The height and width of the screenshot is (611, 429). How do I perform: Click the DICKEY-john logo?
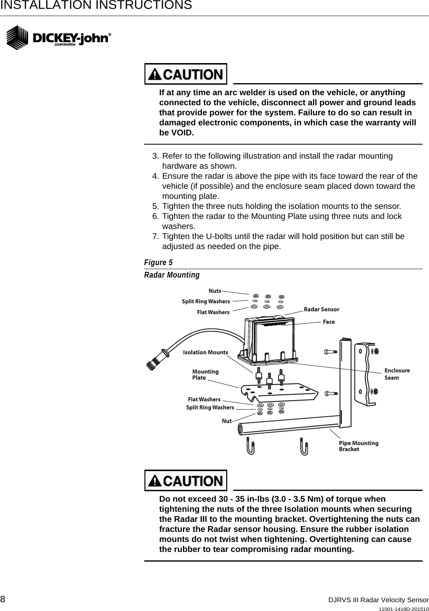point(59,38)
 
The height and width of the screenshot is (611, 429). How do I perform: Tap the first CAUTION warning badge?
point(186,74)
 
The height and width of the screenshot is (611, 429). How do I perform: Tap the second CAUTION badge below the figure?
point(186,480)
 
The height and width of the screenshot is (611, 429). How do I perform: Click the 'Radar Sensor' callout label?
point(321,309)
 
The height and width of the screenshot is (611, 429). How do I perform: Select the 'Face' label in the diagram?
point(329,322)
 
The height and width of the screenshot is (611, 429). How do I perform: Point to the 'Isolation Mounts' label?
point(205,352)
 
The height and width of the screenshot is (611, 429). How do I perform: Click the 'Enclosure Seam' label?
point(397,374)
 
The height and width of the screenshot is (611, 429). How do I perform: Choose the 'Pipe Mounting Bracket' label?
point(358,446)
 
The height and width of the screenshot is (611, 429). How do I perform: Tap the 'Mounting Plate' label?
point(205,374)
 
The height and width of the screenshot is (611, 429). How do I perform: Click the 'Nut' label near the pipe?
point(227,421)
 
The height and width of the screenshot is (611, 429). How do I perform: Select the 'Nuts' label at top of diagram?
point(215,290)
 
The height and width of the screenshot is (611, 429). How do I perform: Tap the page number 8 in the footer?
point(3,599)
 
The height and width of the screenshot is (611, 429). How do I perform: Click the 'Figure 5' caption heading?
point(158,262)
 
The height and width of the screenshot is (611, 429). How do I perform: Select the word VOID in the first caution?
point(182,133)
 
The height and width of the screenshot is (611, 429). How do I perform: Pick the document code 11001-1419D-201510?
point(404,608)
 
